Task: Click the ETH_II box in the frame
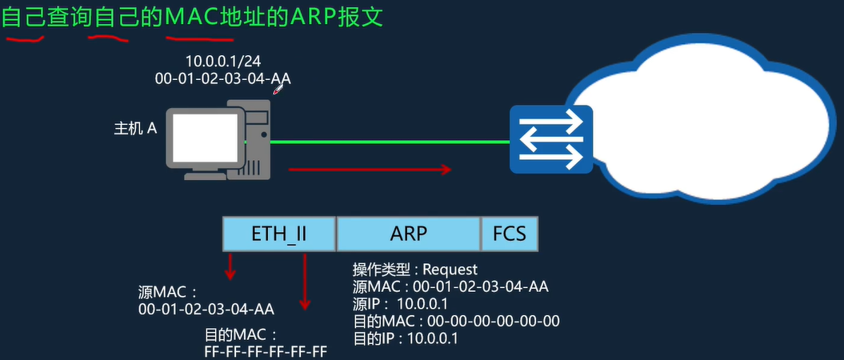coord(278,234)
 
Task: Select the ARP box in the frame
coord(408,234)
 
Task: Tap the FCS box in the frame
coord(510,234)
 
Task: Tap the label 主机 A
coord(134,128)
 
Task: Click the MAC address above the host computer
coord(222,78)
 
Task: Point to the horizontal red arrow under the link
coord(370,170)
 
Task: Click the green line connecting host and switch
coord(392,142)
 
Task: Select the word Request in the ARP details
coord(450,270)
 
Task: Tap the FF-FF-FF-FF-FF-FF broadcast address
coord(266,351)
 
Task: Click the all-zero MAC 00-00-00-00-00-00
coord(494,321)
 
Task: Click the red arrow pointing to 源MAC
coord(230,266)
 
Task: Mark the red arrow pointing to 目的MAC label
coord(304,280)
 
